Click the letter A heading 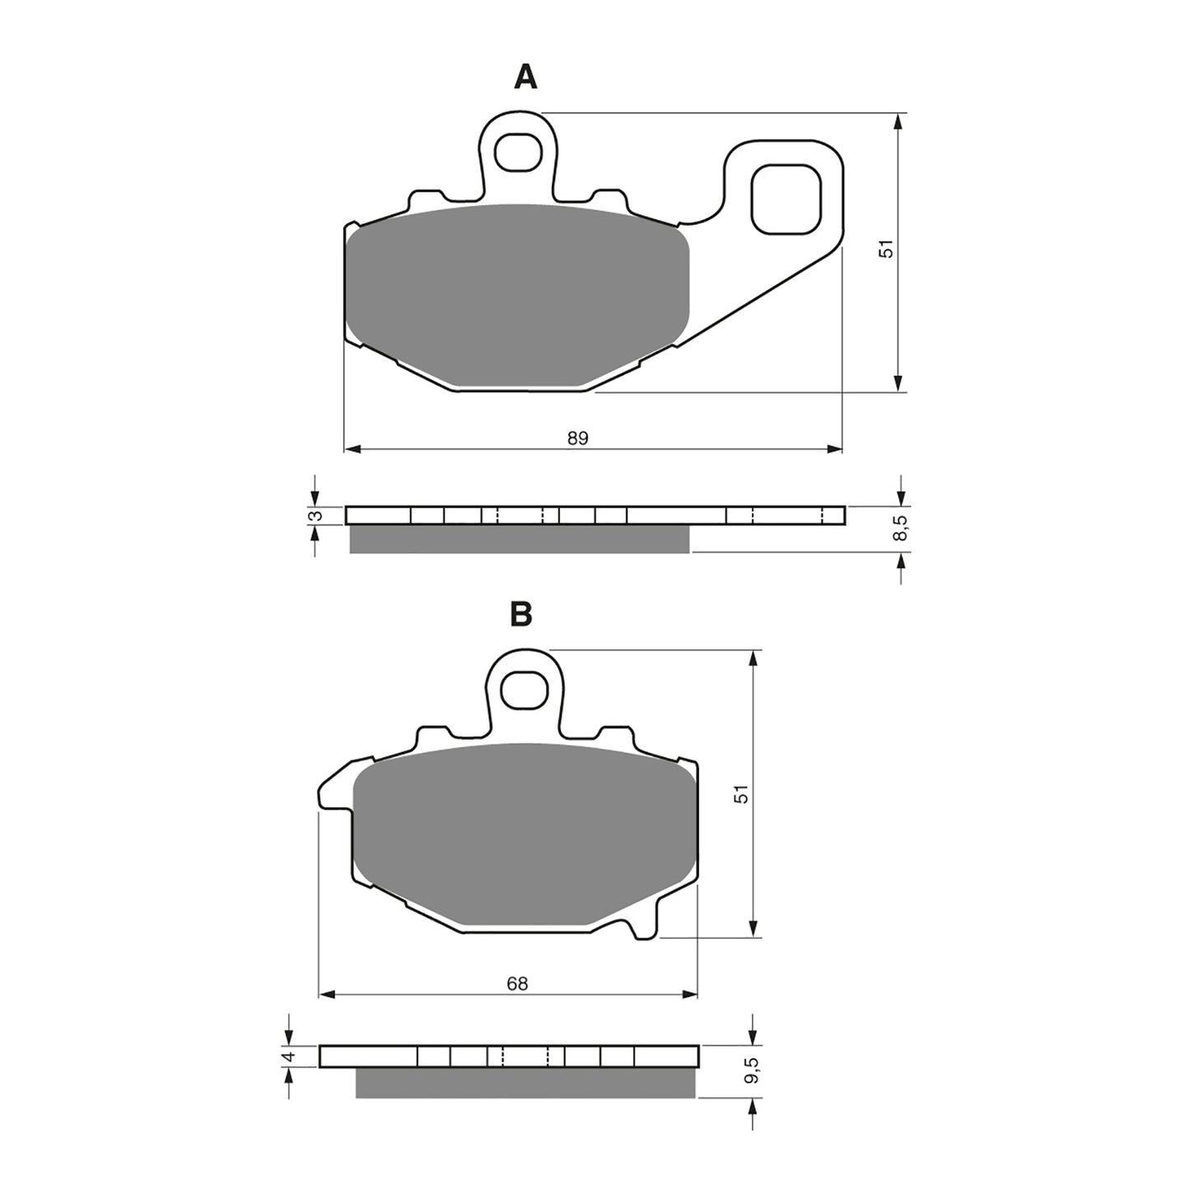[525, 77]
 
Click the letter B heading [520, 614]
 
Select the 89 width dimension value [577, 438]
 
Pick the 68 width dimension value [516, 983]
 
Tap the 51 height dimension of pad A [886, 250]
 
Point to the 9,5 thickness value [749, 1074]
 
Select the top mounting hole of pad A [517, 152]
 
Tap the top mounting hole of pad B [525, 688]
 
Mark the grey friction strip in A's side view [519, 539]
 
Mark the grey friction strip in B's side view [525, 1083]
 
